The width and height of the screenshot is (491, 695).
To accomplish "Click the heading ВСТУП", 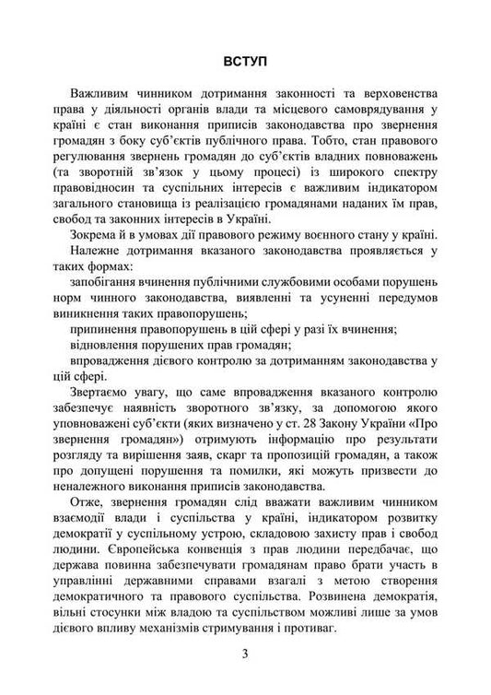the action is click(x=244, y=62).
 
